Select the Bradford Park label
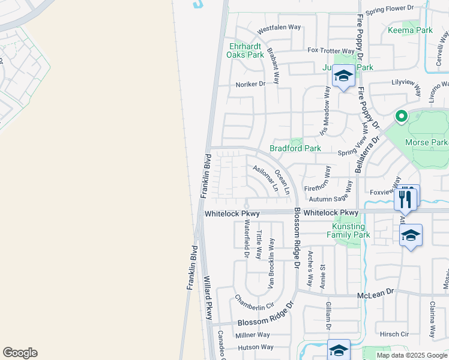[295, 148]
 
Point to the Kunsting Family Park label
[351, 231]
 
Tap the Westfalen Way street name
[279, 28]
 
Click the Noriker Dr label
[250, 84]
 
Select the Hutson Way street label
[255, 347]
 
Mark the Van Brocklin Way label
[272, 261]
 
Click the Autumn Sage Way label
[331, 197]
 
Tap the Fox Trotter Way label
[331, 51]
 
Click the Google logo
[20, 353]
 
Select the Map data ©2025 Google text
[411, 355]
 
